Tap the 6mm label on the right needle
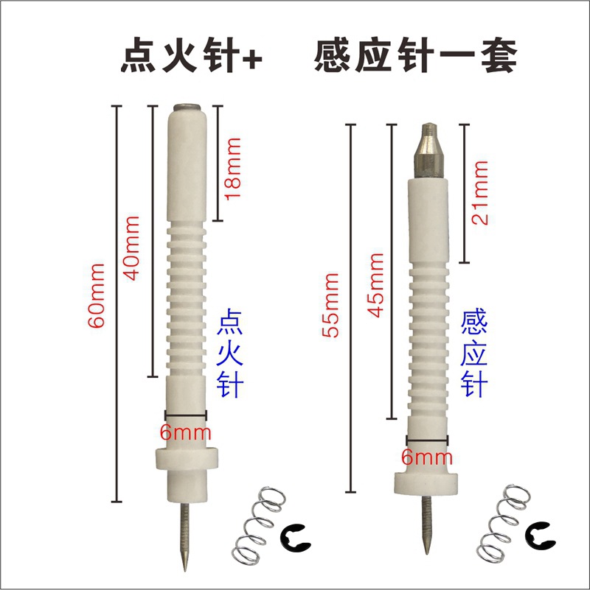click(427, 457)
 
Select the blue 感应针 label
click(474, 353)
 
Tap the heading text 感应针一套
click(415, 56)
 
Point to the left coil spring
click(260, 524)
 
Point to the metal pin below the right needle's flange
click(426, 524)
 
